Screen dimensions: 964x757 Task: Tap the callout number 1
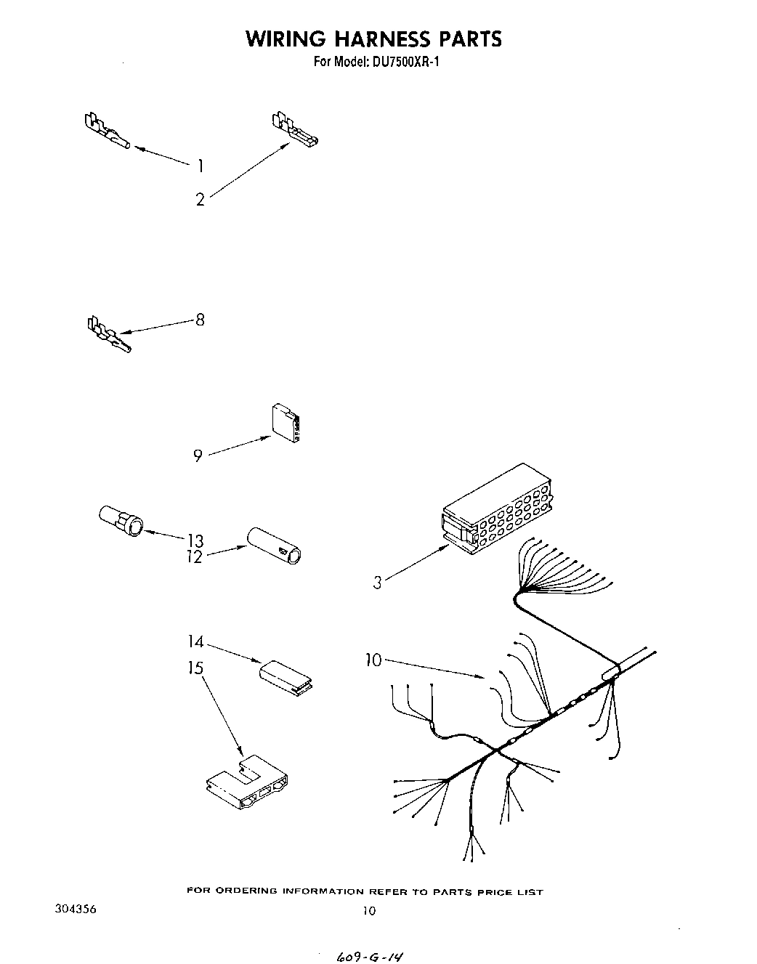(200, 166)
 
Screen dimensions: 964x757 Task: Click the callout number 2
(201, 199)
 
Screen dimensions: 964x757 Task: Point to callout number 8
(200, 320)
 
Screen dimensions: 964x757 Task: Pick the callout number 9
(198, 457)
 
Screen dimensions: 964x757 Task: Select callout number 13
(195, 540)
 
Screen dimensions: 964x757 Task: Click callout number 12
(195, 558)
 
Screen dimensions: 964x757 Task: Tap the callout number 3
(377, 582)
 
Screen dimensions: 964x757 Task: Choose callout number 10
(373, 660)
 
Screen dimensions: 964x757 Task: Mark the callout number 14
(195, 642)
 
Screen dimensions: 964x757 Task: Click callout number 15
(195, 667)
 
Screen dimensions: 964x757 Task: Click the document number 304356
(75, 910)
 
